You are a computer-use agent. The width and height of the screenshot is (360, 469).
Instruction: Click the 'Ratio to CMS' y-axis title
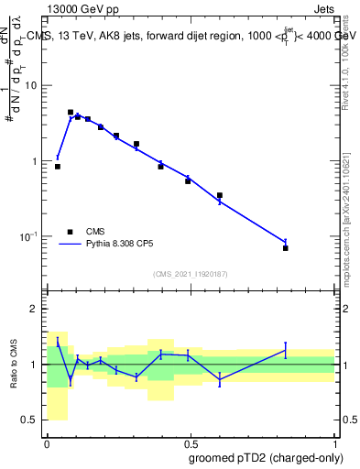(x=15, y=364)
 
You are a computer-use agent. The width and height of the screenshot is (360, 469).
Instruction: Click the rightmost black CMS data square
(x=286, y=248)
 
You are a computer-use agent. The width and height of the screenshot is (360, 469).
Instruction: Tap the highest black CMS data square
(x=71, y=113)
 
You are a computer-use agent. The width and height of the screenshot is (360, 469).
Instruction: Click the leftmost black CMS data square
(x=58, y=167)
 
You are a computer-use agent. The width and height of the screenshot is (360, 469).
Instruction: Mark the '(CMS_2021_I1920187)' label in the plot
(x=190, y=274)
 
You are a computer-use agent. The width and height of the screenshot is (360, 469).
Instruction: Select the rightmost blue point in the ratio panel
(x=286, y=350)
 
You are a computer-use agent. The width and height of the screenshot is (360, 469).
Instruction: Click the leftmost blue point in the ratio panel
(x=58, y=342)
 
